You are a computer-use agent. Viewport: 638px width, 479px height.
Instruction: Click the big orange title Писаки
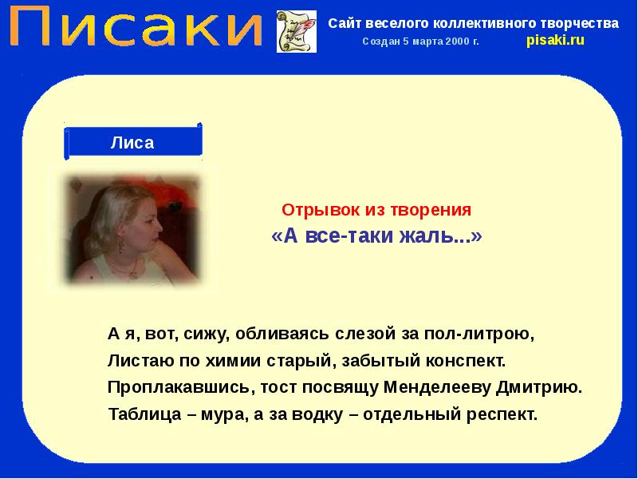137,29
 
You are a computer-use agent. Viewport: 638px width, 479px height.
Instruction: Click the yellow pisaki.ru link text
555,41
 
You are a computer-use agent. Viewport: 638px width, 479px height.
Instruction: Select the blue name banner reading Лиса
132,143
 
